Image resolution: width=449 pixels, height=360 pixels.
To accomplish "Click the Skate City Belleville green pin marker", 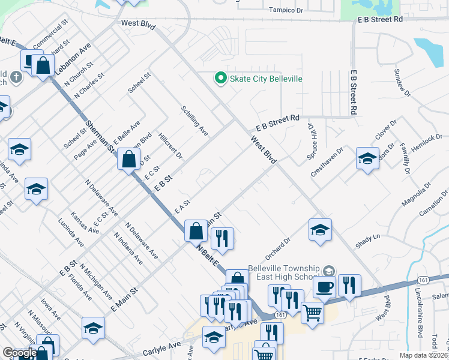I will pos(220,79).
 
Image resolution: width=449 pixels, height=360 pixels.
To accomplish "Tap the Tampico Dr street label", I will pos(286,10).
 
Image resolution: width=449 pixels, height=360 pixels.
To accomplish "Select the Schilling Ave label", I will pos(194,121).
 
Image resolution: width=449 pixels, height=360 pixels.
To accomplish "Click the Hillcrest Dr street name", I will pos(170,146).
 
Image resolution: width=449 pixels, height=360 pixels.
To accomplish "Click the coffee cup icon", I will pos(324,287).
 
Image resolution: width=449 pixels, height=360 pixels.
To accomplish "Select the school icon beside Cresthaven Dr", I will pos(367,159).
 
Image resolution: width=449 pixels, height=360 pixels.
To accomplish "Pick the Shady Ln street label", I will pos(368,238).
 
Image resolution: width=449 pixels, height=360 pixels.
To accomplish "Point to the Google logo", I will pos(19,353).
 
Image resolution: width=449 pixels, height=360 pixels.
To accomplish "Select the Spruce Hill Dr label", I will pos(312,138).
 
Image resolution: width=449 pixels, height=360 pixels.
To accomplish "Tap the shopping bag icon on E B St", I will pos(128,160).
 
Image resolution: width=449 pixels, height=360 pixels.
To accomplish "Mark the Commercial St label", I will pos(49,36).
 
